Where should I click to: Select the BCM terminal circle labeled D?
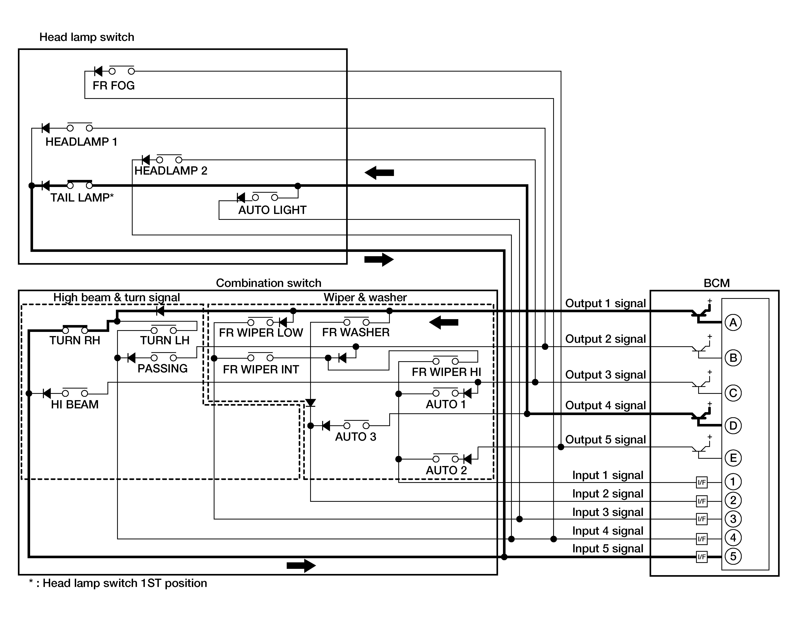pyautogui.click(x=733, y=426)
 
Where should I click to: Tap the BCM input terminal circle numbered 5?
pyautogui.click(x=733, y=556)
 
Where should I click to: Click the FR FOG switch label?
pyautogui.click(x=114, y=86)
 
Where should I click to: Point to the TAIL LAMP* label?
pyautogui.click(x=82, y=198)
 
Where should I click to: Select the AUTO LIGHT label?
pyautogui.click(x=272, y=210)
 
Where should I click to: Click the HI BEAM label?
pyautogui.click(x=75, y=404)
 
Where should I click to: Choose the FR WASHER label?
pyautogui.click(x=356, y=332)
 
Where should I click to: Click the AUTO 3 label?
pyautogui.click(x=356, y=437)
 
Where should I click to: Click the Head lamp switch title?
pyautogui.click(x=87, y=37)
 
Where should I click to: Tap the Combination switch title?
pyautogui.click(x=269, y=283)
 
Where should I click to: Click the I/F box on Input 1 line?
pyautogui.click(x=702, y=482)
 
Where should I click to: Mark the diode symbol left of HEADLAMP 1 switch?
pyautogui.click(x=45, y=128)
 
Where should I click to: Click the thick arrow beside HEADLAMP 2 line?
pyautogui.click(x=379, y=173)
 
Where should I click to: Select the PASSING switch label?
pyautogui.click(x=162, y=368)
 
